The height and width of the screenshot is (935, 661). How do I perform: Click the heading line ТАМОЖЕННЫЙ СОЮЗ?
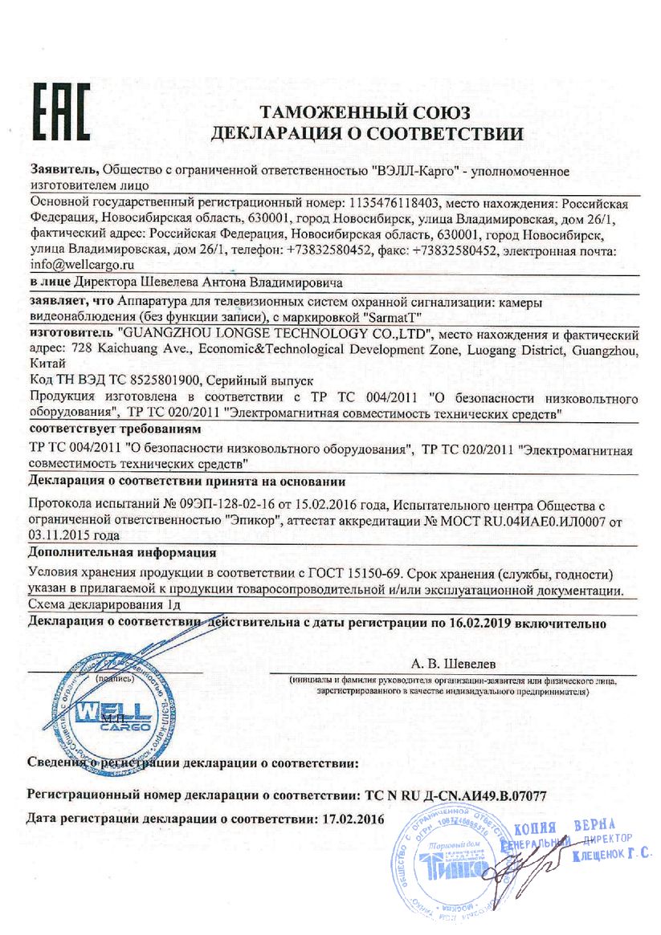[x=364, y=112]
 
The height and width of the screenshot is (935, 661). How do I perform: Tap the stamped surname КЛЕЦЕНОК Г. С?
[x=610, y=858]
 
